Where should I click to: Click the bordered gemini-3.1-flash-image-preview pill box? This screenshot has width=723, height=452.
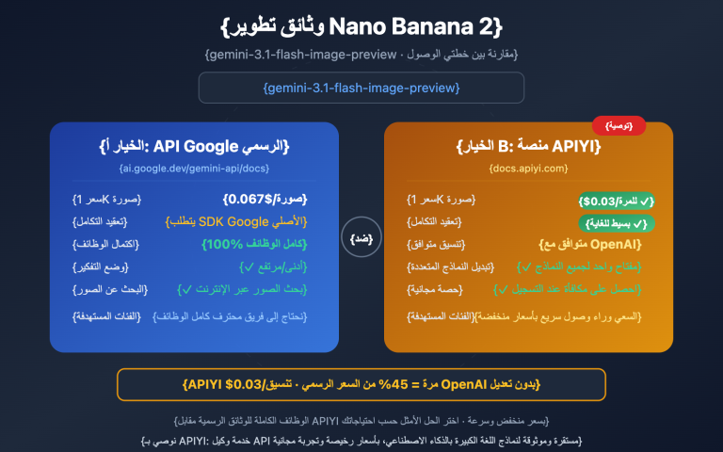click(x=361, y=88)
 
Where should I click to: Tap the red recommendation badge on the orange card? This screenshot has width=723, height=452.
click(x=619, y=125)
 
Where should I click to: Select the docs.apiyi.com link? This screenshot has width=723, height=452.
click(x=528, y=169)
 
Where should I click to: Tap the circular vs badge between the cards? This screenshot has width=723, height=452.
click(x=361, y=238)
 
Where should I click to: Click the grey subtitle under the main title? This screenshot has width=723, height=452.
click(x=361, y=55)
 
